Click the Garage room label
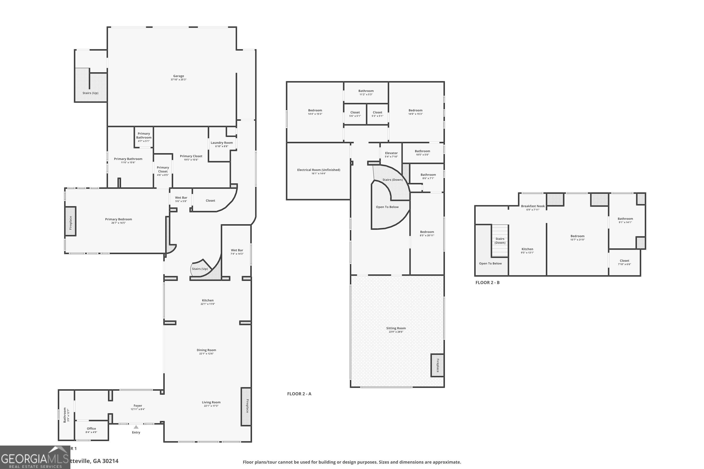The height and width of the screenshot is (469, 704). point(178,76)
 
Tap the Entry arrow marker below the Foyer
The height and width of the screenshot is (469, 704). point(136,427)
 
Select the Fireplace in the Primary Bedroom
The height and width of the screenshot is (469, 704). point(71,221)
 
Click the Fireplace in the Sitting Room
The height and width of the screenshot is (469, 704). point(437,365)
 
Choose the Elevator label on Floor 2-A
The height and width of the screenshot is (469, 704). point(391,153)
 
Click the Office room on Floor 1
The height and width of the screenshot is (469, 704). point(91,430)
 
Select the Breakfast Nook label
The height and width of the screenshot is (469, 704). point(532,206)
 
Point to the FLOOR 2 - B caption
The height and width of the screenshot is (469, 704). point(487,283)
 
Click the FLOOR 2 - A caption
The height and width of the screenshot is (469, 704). point(299,394)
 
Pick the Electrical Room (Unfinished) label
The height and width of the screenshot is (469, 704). point(318,170)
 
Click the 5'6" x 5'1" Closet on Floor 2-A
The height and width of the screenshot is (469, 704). point(355,114)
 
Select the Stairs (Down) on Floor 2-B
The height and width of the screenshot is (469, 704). point(500,241)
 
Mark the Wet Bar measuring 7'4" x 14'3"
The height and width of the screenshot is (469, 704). point(237,252)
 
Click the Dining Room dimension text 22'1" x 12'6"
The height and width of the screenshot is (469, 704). point(206,354)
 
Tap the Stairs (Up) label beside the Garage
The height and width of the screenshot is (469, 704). point(90,93)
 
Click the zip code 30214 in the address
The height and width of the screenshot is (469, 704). point(110,461)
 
